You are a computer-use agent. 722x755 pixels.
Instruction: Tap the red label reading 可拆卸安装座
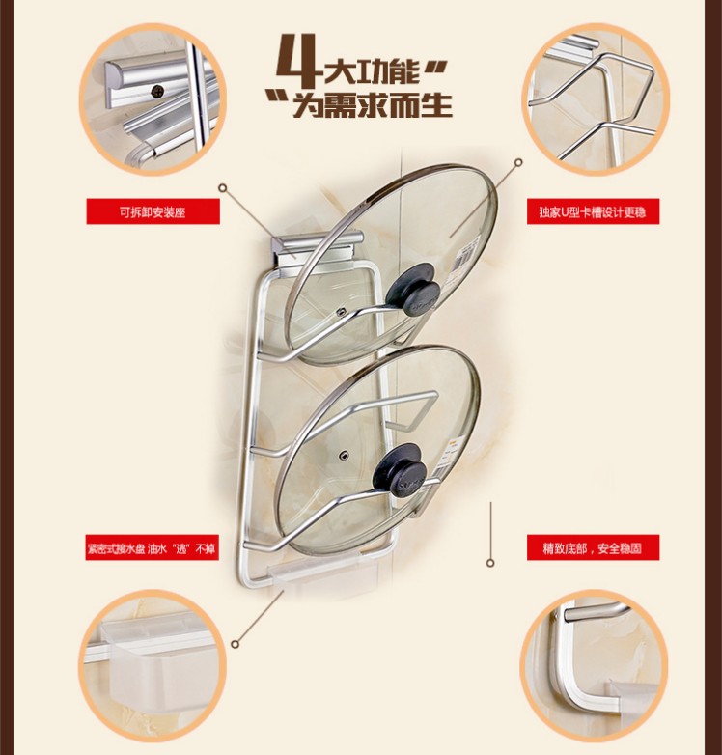coord(153,211)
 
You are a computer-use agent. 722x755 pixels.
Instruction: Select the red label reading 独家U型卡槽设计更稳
coord(593,211)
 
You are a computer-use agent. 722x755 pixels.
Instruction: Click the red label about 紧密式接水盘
coord(153,547)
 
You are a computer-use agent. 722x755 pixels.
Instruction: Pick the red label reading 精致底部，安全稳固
coord(593,547)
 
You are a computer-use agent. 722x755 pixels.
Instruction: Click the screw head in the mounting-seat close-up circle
coord(157,91)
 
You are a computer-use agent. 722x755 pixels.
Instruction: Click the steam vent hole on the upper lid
coord(342,312)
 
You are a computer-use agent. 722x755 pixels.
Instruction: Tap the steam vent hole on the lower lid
coord(344,454)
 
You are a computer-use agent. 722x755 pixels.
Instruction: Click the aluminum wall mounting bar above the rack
coord(318,244)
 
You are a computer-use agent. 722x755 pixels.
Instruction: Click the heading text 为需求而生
coord(373,104)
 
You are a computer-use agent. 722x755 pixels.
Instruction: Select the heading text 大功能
coord(372,72)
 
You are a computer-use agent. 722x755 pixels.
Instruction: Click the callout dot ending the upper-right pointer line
coord(518,162)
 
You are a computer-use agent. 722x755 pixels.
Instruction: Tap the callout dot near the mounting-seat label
coord(222,188)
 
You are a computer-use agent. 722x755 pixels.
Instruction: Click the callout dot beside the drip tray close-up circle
coord(235,644)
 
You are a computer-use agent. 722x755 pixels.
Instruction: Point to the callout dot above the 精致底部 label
coord(490,563)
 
